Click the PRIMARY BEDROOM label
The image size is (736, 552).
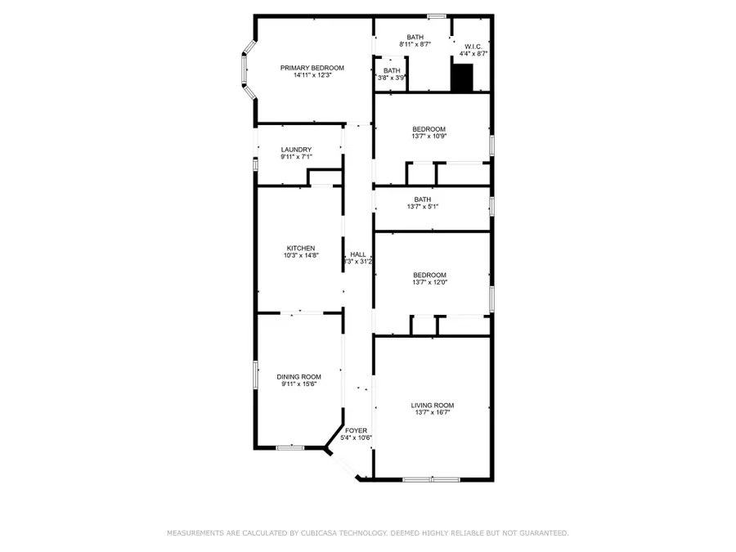tap(312, 68)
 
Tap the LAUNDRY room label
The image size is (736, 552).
tap(296, 150)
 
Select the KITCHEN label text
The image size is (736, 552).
tap(300, 249)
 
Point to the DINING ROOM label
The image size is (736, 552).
tap(298, 376)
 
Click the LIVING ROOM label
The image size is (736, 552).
tap(432, 406)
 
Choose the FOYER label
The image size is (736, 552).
tap(356, 430)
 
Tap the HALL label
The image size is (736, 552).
tap(357, 255)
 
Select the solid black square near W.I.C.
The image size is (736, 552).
tap(463, 79)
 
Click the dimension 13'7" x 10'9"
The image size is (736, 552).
tap(429, 137)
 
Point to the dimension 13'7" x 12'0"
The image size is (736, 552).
tap(429, 282)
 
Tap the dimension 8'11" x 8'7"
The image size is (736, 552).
tap(415, 43)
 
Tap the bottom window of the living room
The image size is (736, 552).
tap(430, 478)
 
